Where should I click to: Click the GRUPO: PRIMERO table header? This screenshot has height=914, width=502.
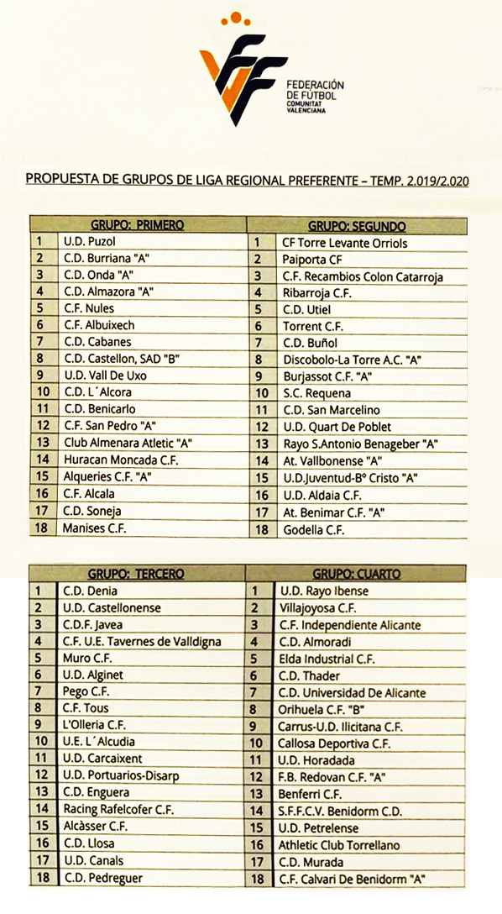137,225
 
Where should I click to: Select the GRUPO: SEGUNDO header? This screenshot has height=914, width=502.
357,226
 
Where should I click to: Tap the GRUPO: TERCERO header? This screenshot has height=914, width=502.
137,574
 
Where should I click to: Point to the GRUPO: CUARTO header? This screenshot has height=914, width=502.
356,574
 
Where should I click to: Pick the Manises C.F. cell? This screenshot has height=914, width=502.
95,528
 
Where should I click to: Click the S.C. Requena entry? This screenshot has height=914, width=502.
312,393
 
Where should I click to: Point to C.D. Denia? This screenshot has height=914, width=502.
90,591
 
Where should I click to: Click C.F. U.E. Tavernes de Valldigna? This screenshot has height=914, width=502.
142,641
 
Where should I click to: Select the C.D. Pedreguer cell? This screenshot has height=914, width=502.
102,878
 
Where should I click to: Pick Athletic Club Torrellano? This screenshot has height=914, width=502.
339,845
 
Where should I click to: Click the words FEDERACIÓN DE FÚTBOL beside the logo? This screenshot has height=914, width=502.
315,91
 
